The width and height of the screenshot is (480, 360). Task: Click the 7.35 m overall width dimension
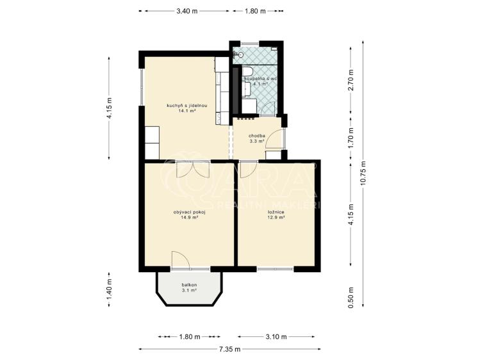click(x=229, y=349)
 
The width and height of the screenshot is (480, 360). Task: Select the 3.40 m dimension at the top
click(x=186, y=12)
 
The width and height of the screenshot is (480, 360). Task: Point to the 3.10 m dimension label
click(x=276, y=337)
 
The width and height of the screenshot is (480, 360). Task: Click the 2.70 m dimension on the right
click(x=351, y=80)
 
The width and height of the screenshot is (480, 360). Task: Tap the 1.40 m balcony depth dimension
click(x=109, y=290)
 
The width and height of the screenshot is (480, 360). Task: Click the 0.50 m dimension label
click(x=351, y=298)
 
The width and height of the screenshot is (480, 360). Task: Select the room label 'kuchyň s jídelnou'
click(x=187, y=106)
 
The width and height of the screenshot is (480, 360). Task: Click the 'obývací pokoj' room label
click(x=189, y=212)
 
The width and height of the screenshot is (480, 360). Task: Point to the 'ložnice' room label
click(x=276, y=212)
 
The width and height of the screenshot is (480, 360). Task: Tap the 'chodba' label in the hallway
click(x=257, y=136)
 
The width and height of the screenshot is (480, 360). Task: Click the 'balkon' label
click(x=189, y=285)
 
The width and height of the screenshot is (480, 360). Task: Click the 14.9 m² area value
click(x=189, y=217)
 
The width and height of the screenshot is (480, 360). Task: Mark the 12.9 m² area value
click(x=276, y=217)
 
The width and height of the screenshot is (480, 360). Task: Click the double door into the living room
click(x=193, y=169)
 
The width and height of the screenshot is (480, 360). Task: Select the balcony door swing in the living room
click(x=181, y=260)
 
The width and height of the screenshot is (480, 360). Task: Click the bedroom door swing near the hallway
click(x=246, y=169)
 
